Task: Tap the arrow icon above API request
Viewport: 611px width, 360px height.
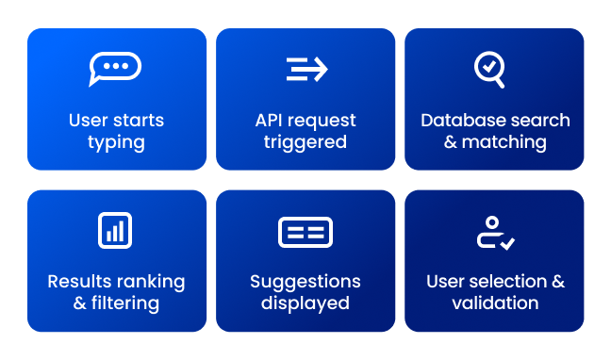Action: point(305,69)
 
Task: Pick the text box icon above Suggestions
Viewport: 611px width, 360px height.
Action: point(305,232)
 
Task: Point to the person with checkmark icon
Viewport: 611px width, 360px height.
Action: point(494,233)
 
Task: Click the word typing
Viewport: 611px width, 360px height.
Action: point(116,143)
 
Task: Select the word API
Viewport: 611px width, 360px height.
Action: point(270,121)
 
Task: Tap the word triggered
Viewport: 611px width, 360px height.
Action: point(305,143)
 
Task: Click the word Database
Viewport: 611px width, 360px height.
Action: point(459,121)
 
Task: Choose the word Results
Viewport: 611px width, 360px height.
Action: point(79,282)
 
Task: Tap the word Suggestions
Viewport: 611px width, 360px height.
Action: point(305,282)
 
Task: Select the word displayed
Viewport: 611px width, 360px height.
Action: point(305,303)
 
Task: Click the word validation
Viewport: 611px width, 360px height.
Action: point(495,303)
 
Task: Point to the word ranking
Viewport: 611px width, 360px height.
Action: point(150,282)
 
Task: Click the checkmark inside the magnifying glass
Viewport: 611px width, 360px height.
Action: point(487,66)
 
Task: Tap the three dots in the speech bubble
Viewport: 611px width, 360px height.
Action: point(115,66)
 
